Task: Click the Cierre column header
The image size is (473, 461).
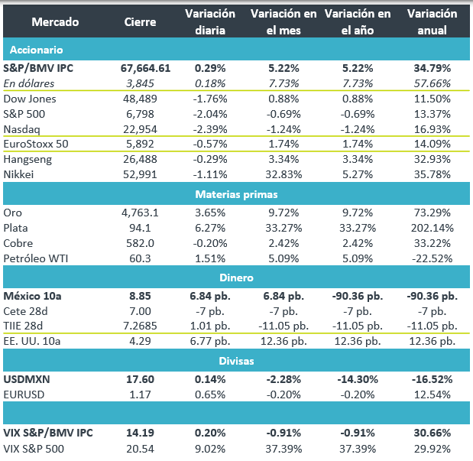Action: [x=140, y=22]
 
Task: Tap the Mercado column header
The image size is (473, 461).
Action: [x=44, y=22]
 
